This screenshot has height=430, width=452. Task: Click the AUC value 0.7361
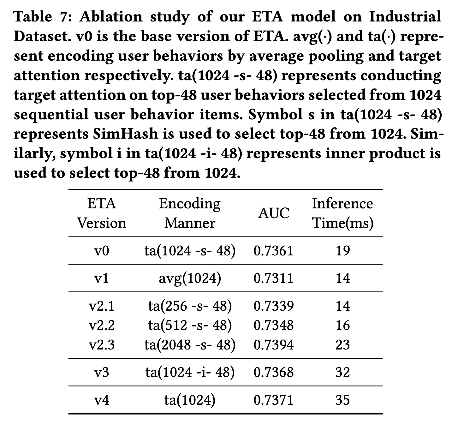tap(273, 251)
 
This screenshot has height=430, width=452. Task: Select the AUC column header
tap(273, 213)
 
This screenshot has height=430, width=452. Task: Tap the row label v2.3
tap(102, 344)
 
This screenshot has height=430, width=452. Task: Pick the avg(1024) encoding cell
tap(190, 278)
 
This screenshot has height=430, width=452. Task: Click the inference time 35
tap(342, 400)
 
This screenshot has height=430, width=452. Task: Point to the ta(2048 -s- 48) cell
tap(190, 344)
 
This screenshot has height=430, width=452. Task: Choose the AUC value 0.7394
tap(273, 344)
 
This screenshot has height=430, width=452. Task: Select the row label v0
tap(102, 251)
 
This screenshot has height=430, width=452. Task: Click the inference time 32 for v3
tap(342, 373)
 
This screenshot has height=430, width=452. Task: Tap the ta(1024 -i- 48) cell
tap(190, 373)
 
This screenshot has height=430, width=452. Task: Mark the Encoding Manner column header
tap(190, 213)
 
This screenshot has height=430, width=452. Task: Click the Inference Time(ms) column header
tap(342, 213)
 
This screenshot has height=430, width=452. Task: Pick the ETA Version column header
tap(102, 213)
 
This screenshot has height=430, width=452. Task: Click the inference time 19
tap(342, 251)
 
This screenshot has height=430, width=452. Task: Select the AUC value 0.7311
tap(273, 278)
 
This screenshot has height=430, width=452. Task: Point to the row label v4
tap(102, 400)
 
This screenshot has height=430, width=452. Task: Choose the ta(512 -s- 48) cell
tap(190, 325)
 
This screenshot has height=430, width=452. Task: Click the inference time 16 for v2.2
tap(342, 325)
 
